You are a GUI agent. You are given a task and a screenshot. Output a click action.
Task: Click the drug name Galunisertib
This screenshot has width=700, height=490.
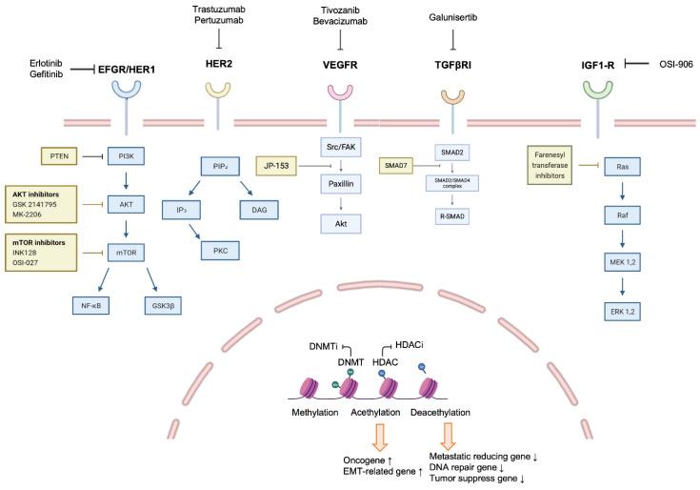[x=452, y=16]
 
